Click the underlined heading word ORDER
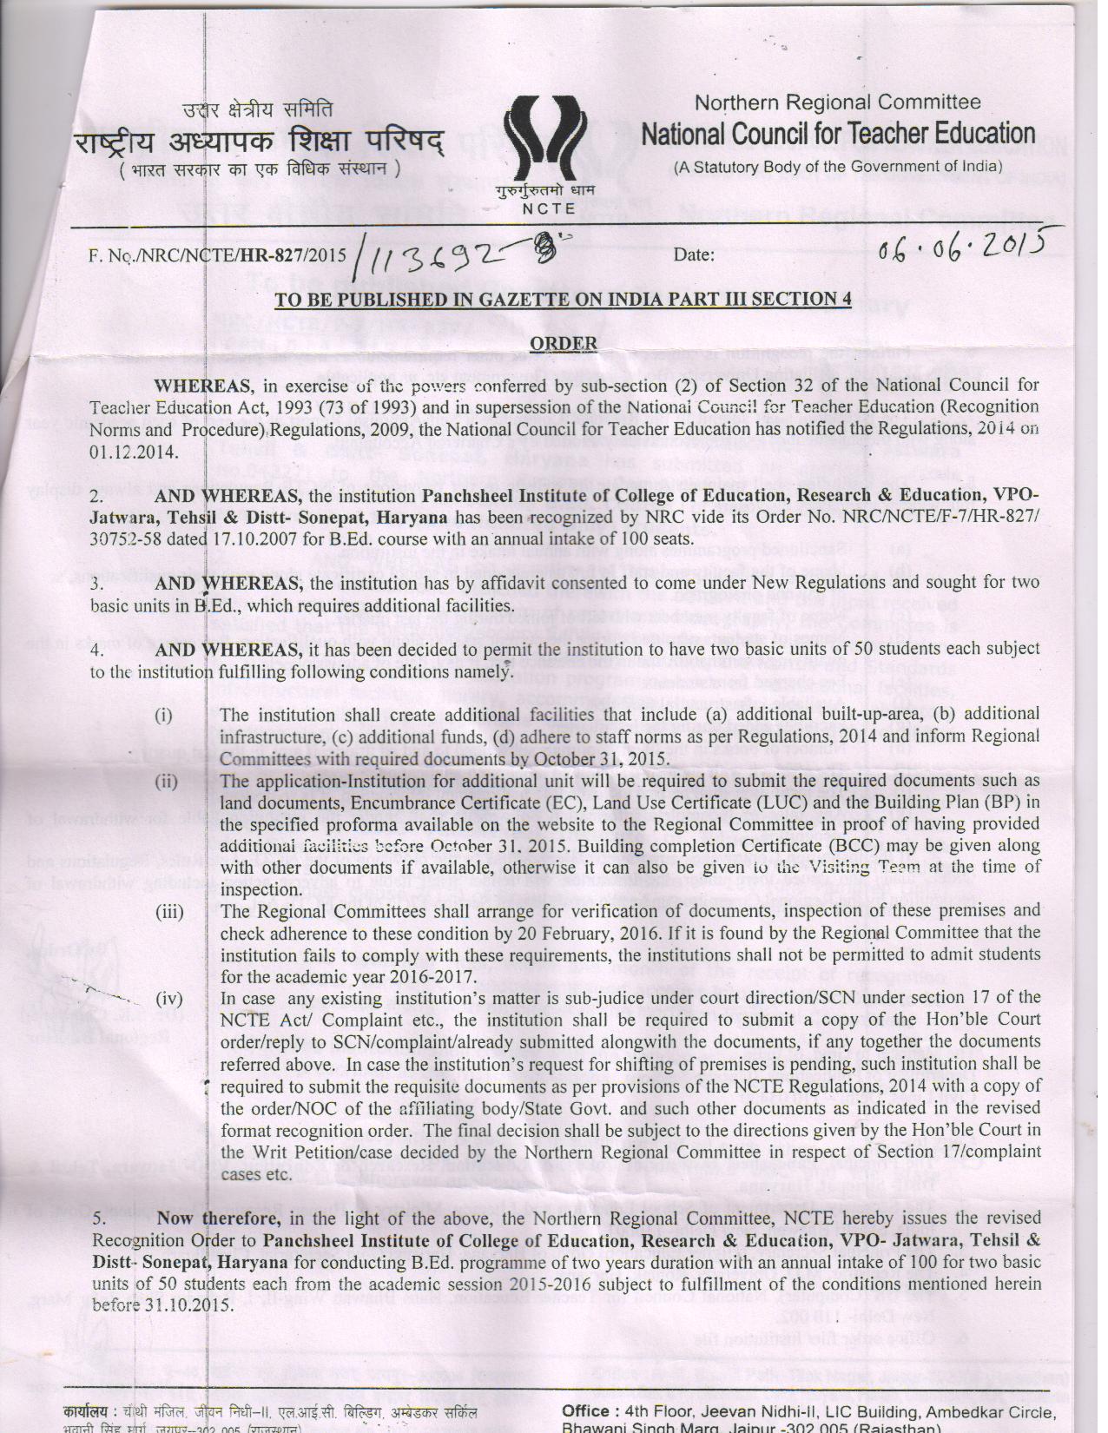(x=564, y=344)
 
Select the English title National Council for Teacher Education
(x=838, y=134)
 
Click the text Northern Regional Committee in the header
(x=837, y=102)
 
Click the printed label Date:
(x=694, y=255)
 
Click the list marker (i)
(x=163, y=716)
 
